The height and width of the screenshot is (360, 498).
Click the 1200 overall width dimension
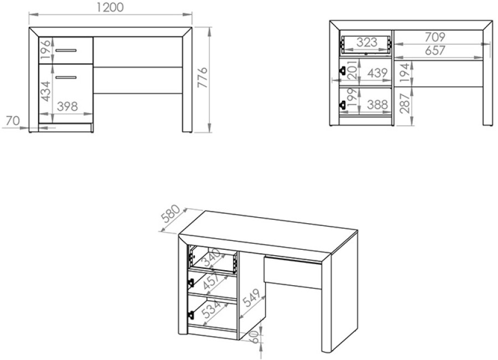tap(110, 7)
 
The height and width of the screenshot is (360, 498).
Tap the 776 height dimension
tap(202, 78)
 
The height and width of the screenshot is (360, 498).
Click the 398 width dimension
tap(68, 106)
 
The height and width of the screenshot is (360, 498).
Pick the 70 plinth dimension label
tap(13, 121)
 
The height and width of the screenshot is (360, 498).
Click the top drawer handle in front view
tap(66, 50)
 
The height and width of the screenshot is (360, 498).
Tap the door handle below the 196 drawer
tap(66, 78)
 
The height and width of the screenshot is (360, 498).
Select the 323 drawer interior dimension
tap(367, 42)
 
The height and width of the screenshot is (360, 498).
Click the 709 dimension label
tap(435, 37)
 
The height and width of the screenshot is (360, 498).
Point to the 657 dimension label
tap(435, 50)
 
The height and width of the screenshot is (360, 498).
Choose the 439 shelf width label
tap(377, 73)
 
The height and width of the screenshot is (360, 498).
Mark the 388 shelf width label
tap(377, 104)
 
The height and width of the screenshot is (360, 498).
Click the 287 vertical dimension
tap(405, 104)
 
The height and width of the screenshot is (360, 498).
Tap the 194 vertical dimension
tap(405, 73)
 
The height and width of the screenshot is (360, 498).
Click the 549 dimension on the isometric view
tap(252, 297)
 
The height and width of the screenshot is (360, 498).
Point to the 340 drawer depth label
tap(211, 258)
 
